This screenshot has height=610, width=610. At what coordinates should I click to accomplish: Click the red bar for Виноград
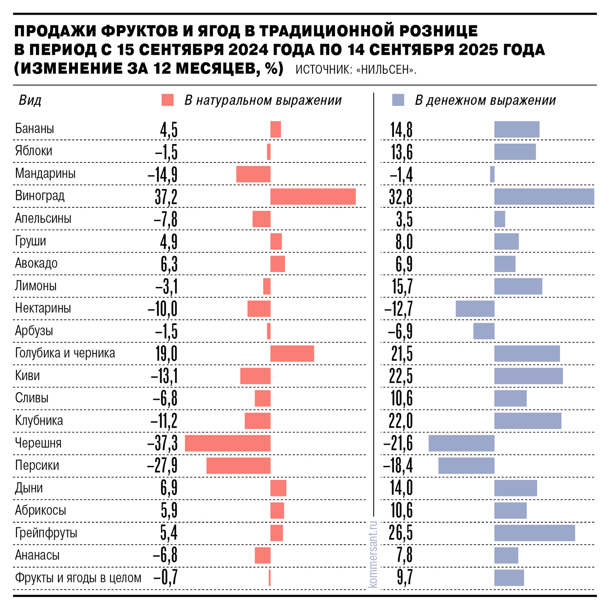point(313,197)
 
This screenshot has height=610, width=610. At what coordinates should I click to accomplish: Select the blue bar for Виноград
point(544,197)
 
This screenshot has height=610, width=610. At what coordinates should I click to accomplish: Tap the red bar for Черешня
point(227,443)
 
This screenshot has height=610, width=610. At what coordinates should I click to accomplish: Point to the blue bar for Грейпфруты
point(535,533)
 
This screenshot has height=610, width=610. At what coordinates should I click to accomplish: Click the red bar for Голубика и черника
point(292,354)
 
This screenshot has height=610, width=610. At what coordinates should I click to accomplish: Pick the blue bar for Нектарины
point(475,309)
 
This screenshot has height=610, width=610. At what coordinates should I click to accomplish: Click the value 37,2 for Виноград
point(166,197)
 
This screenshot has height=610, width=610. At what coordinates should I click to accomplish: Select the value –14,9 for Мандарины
point(163,175)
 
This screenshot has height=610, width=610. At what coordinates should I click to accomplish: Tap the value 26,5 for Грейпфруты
point(401,533)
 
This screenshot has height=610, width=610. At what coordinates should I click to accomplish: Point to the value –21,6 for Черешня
point(398,443)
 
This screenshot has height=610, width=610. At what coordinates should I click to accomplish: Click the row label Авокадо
point(36,263)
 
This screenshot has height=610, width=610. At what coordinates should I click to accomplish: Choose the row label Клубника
point(39,421)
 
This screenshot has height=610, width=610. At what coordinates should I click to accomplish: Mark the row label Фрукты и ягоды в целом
point(78,578)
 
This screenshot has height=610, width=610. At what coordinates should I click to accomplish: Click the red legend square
point(168,100)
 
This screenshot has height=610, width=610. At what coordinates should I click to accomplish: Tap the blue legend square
point(398,100)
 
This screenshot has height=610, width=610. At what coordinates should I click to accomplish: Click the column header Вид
point(30,100)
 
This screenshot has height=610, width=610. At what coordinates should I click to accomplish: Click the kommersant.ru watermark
point(373,554)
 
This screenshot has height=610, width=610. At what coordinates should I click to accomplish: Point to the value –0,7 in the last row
point(165,578)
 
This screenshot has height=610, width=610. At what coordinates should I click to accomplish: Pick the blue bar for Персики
point(466,465)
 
